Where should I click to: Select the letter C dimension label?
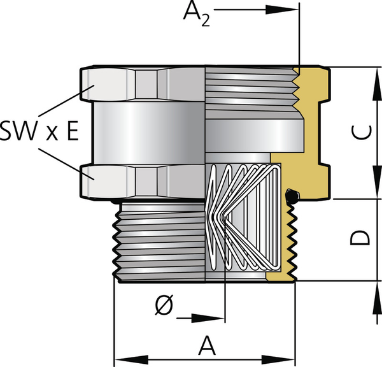[360, 132]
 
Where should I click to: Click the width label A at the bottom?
[206, 347]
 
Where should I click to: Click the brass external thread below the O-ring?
[293, 242]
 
